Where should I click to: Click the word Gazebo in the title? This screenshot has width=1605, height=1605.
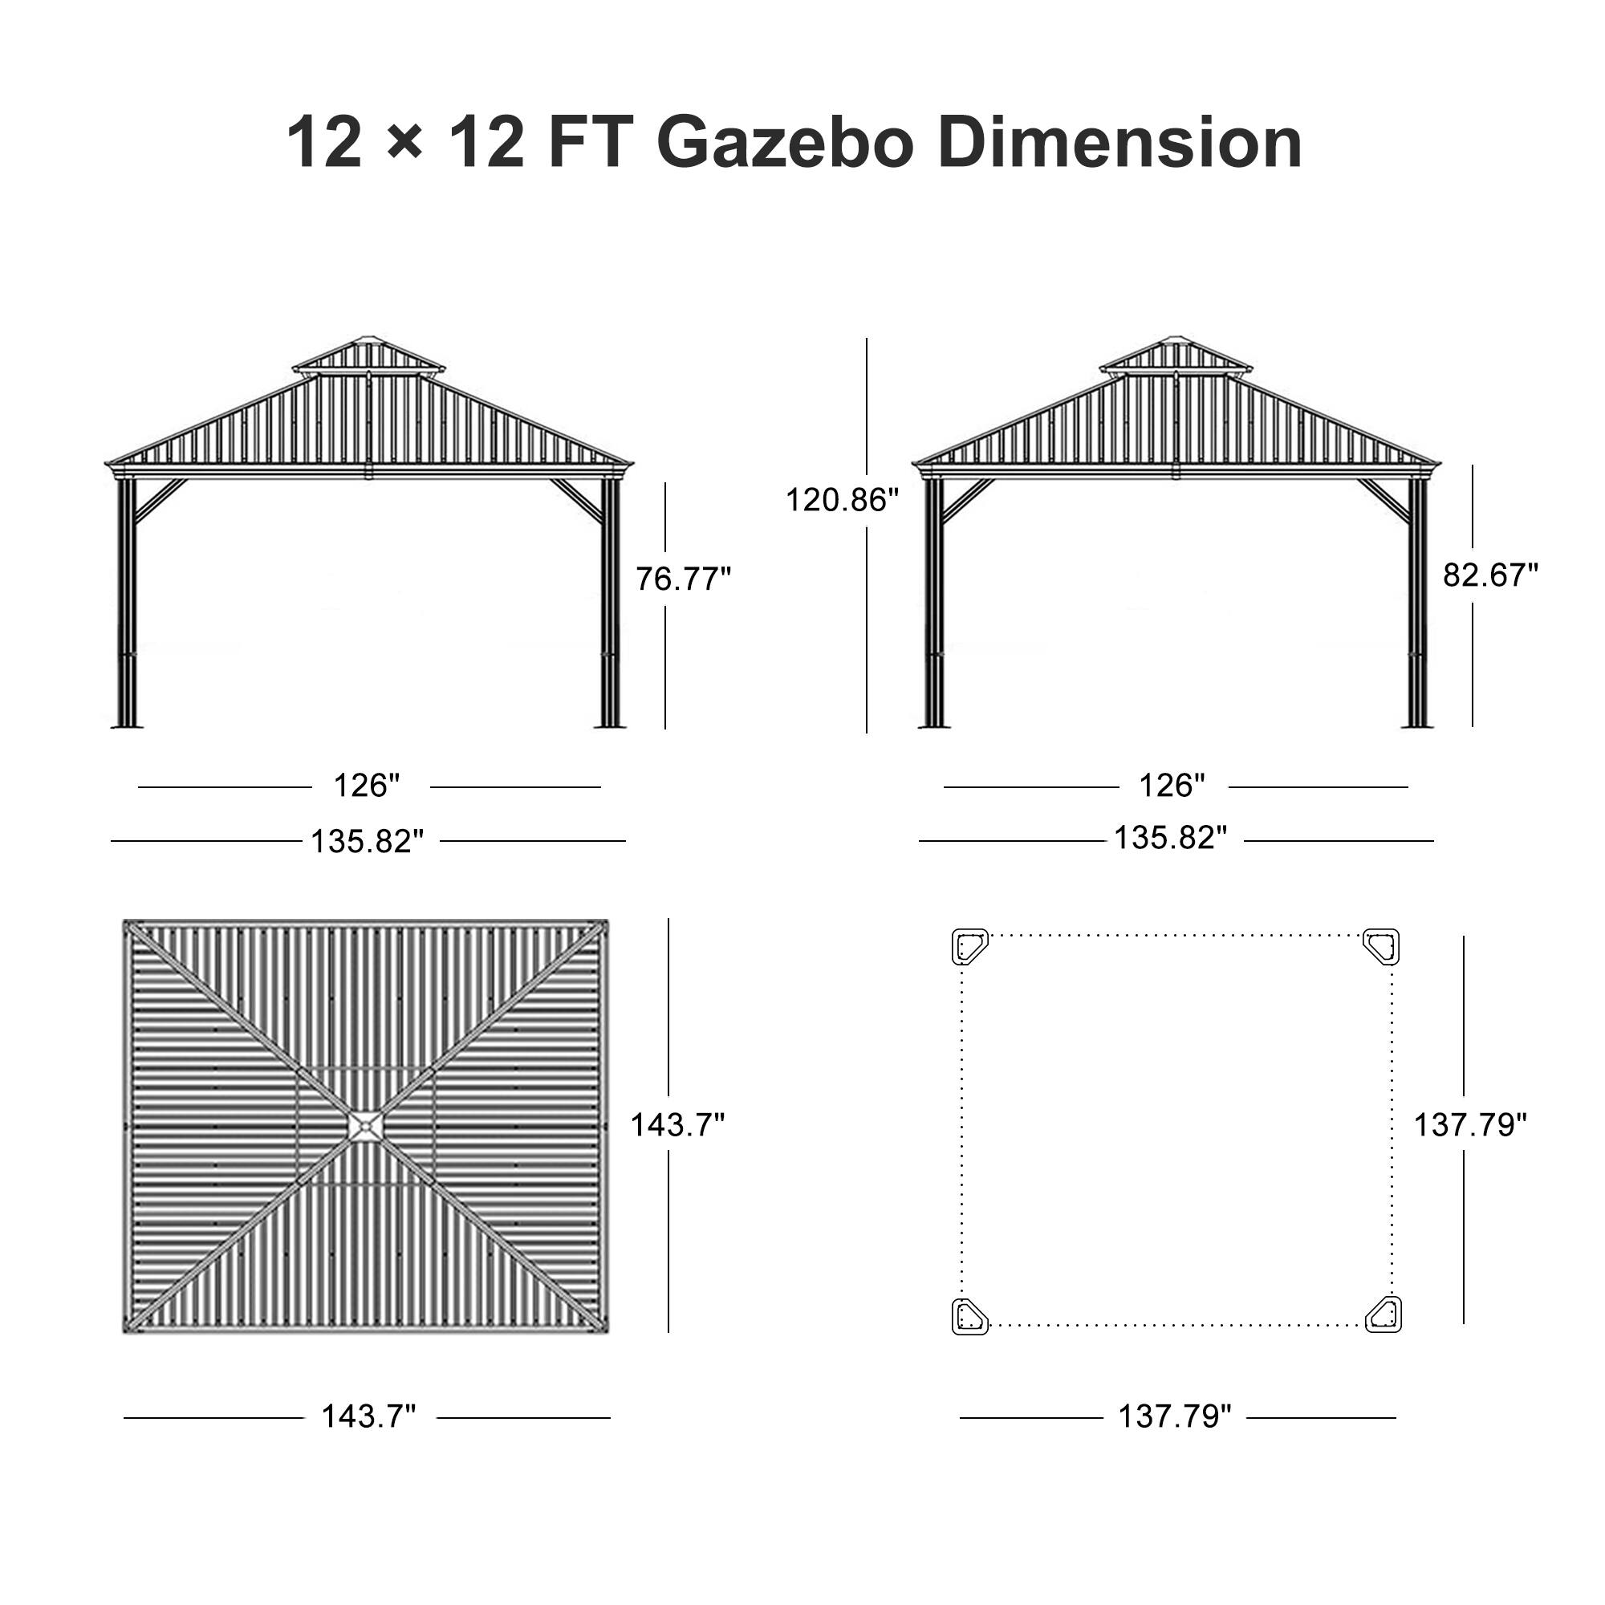coord(785,143)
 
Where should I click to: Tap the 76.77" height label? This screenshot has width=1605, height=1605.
coord(683,579)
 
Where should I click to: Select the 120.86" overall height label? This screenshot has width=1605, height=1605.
coord(842,500)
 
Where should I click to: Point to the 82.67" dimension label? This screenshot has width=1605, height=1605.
coord(1490,575)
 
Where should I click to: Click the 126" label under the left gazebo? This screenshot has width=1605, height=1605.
coord(367,785)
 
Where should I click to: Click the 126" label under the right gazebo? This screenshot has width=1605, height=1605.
coord(1172,785)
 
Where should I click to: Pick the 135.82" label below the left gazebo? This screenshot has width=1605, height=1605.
coord(368,842)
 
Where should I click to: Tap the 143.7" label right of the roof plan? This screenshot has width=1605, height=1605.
coord(677,1125)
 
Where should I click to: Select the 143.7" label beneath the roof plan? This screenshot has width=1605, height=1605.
coord(368,1416)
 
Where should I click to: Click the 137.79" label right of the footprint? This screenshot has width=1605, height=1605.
coord(1470,1125)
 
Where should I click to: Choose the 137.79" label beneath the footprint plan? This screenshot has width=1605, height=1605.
coord(1174,1416)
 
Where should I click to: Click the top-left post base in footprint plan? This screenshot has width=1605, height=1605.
coord(969,946)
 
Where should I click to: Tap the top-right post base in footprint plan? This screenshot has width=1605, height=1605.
coord(1383,946)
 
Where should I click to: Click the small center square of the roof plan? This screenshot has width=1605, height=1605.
coord(364,1127)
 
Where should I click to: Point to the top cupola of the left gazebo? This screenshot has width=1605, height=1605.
coord(368,355)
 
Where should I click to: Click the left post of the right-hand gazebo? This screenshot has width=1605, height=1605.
coord(934,603)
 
